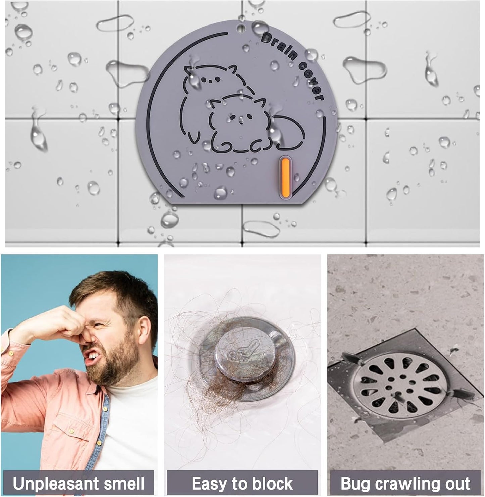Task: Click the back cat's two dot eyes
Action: click(x=211, y=79)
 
